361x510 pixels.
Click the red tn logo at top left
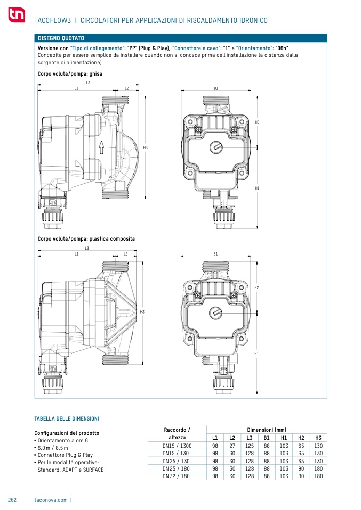tap(17, 14)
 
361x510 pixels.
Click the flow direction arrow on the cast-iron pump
tap(101, 147)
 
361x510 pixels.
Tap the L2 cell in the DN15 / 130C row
tap(232, 446)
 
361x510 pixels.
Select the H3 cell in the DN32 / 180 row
tap(318, 476)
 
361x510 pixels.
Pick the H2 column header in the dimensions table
tap(301, 438)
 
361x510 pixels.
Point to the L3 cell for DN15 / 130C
tap(249, 446)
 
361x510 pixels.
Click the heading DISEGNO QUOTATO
tap(61, 38)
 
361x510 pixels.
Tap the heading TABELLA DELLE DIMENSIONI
tap(67, 418)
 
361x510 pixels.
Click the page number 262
tap(12, 500)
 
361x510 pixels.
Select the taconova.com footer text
tap(51, 500)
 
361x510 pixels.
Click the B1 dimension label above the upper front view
tap(216, 88)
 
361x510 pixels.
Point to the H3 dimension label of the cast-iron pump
tap(146, 147)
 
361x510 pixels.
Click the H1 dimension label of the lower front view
tap(256, 353)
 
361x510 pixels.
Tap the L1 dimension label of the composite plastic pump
tap(77, 254)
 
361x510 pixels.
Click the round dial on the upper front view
tap(215, 147)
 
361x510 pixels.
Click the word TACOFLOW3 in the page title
tap(52, 20)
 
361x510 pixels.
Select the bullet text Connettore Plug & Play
tap(65, 455)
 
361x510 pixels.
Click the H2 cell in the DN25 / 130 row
tap(301, 461)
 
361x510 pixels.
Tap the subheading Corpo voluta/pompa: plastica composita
tap(86, 238)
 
